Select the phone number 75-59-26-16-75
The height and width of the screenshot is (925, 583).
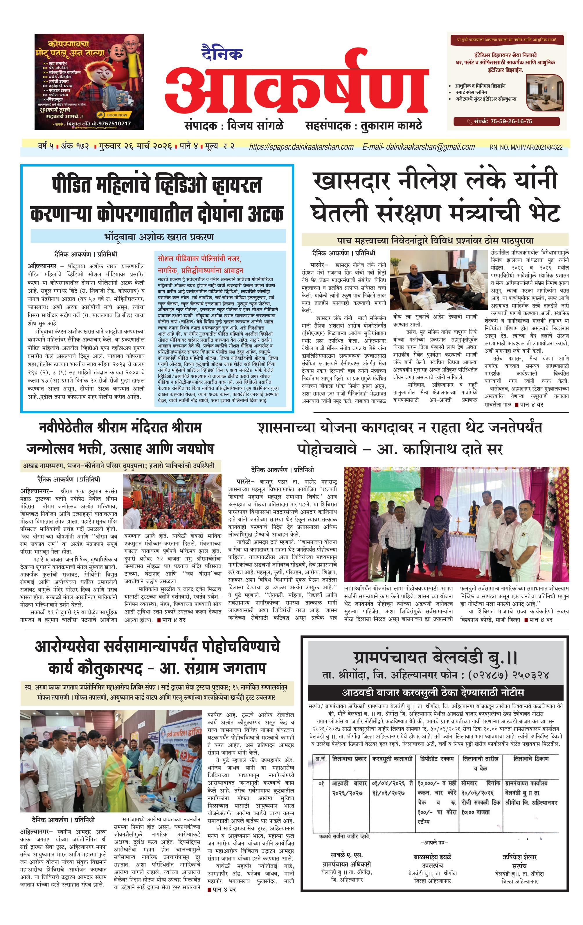click(x=511, y=121)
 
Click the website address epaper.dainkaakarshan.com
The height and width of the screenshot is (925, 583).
click(x=301, y=147)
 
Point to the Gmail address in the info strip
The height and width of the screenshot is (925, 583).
click(x=418, y=147)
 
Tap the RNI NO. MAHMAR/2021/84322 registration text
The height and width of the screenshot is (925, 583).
click(x=526, y=147)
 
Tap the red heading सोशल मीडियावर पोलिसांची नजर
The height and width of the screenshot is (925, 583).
click(x=199, y=259)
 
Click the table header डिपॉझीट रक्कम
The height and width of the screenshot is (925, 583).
click(x=436, y=759)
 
